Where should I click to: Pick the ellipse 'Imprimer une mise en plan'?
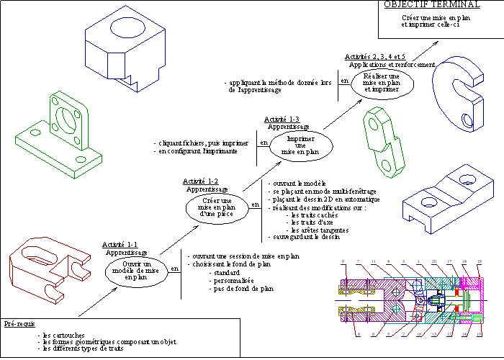point(302,144)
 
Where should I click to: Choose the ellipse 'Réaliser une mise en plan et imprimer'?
point(382,83)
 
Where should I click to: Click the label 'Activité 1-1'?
point(120,245)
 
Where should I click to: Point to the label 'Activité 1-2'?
point(201,181)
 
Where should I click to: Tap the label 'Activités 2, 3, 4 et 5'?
point(374,56)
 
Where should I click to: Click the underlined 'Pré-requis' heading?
point(19,324)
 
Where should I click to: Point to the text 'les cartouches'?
point(64,335)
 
